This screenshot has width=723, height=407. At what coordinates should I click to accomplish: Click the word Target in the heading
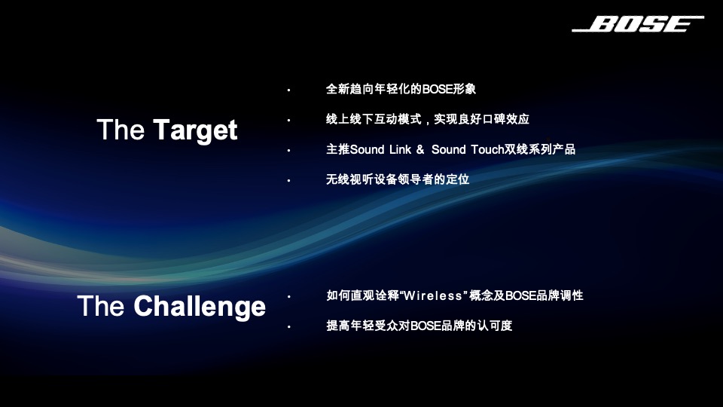(x=195, y=130)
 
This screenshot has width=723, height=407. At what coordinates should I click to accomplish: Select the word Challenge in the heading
(x=200, y=307)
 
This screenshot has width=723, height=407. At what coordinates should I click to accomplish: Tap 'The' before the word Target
(x=120, y=130)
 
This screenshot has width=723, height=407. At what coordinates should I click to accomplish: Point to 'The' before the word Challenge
(x=101, y=307)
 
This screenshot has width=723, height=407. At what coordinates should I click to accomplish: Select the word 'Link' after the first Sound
(x=400, y=150)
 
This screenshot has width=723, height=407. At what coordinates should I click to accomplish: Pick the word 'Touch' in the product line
(x=487, y=150)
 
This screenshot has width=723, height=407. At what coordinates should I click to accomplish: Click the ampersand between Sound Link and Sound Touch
(x=420, y=150)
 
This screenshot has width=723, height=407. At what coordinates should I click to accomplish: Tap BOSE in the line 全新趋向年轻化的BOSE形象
(x=437, y=89)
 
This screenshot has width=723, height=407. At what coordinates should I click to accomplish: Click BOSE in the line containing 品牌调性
(x=520, y=296)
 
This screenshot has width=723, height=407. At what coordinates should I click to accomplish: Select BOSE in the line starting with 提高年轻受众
(x=426, y=326)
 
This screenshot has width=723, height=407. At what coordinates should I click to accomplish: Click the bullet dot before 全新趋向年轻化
(x=288, y=90)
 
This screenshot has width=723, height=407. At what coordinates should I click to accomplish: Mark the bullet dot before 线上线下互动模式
(x=288, y=121)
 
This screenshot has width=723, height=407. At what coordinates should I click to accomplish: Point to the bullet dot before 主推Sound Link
(x=288, y=151)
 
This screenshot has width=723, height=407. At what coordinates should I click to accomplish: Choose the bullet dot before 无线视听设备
(x=288, y=181)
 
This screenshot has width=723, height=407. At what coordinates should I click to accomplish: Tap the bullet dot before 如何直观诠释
(x=288, y=297)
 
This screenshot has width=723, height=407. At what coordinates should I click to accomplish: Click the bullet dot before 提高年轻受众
(x=288, y=327)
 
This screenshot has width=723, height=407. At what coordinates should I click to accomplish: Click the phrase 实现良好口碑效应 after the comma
(x=481, y=120)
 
